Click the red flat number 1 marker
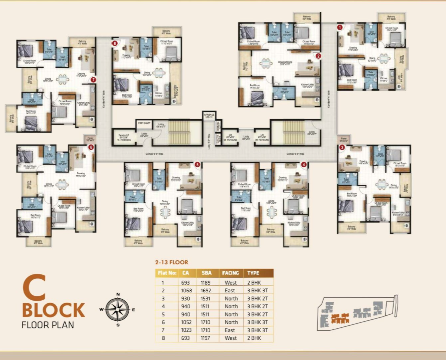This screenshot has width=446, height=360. point(340,27)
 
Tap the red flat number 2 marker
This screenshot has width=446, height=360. point(318,56)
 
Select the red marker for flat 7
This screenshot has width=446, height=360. point(93,79)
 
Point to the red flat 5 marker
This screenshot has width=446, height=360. point(197,164)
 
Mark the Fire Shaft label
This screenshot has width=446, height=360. point(144,123)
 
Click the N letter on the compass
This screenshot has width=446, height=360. point(118,294)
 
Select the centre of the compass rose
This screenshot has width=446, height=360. point(118,309)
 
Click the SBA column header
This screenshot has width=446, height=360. point(206,273)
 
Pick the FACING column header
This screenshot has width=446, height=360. point(230,273)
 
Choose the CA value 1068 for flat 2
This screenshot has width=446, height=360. point(186,290)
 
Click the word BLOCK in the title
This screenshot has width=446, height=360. point(53,309)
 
